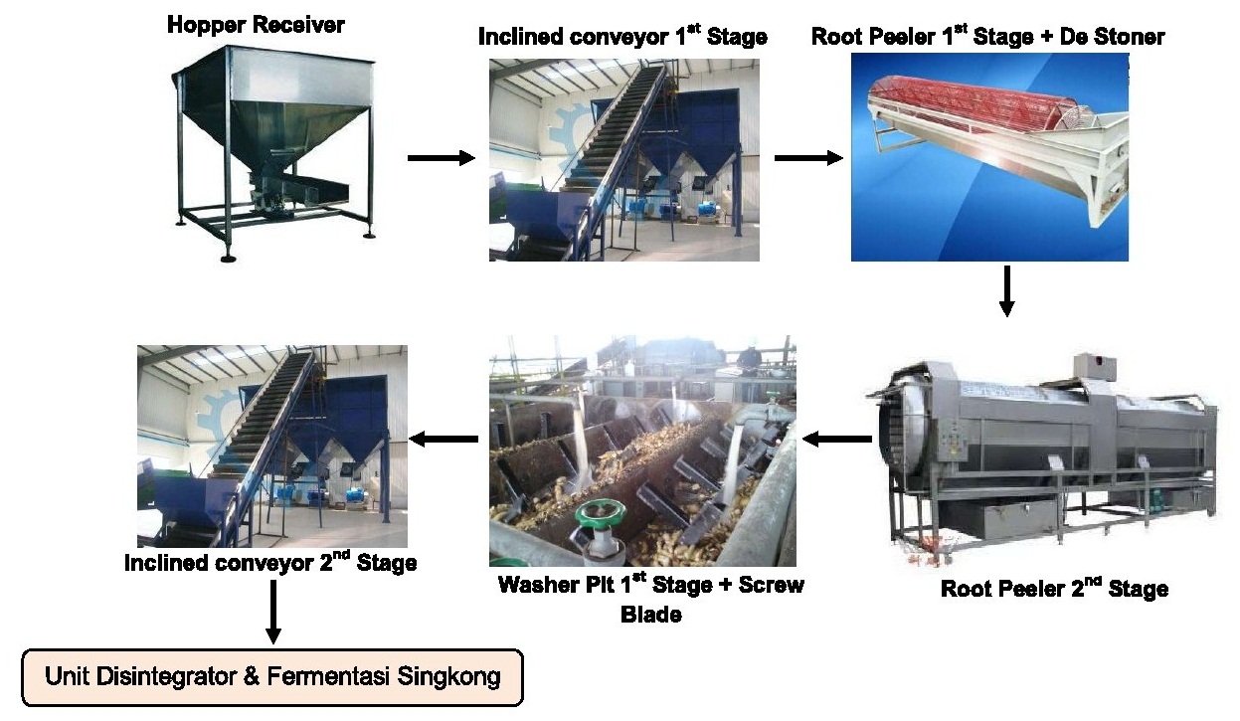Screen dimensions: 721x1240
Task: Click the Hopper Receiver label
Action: (256, 25)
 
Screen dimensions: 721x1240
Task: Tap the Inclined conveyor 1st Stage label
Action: (622, 38)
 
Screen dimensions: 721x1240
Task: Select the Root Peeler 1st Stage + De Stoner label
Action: (987, 38)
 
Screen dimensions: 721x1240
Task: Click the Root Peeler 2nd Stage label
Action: (1054, 589)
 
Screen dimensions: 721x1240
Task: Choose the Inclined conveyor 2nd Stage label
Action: (270, 563)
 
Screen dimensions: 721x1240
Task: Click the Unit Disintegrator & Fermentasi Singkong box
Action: (272, 678)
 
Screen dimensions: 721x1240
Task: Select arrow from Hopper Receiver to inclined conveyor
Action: (442, 158)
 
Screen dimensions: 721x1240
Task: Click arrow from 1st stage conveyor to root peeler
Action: (808, 158)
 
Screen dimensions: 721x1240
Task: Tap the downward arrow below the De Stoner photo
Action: (1006, 290)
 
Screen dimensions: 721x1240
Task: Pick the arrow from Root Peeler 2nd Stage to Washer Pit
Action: (837, 439)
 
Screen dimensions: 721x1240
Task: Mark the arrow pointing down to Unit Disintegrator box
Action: (272, 614)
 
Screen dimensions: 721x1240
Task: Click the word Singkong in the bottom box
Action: (447, 678)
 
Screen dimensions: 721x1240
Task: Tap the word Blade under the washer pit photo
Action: (651, 615)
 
